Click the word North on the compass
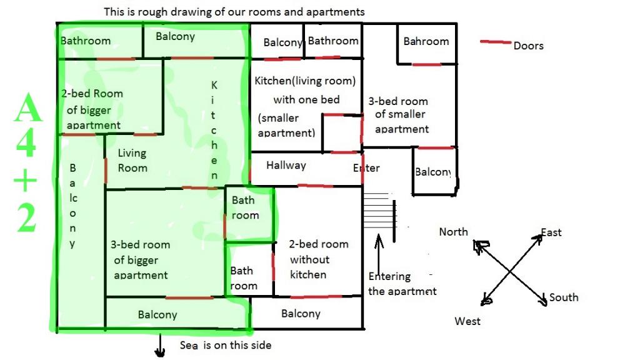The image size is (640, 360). (x=453, y=232)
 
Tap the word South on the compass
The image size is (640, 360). (x=564, y=297)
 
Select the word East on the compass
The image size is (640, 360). (x=551, y=232)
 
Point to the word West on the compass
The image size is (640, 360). (x=467, y=321)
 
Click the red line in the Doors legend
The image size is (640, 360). (x=495, y=42)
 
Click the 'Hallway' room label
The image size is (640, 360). (x=286, y=166)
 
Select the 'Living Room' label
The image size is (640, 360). (x=132, y=160)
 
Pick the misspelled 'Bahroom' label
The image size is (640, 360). (x=426, y=41)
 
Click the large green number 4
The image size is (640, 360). (x=26, y=143)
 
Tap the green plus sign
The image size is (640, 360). (x=26, y=182)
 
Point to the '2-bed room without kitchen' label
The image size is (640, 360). (x=319, y=259)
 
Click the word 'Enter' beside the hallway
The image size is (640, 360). (x=366, y=167)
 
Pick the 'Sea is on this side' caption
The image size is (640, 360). (x=226, y=345)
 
